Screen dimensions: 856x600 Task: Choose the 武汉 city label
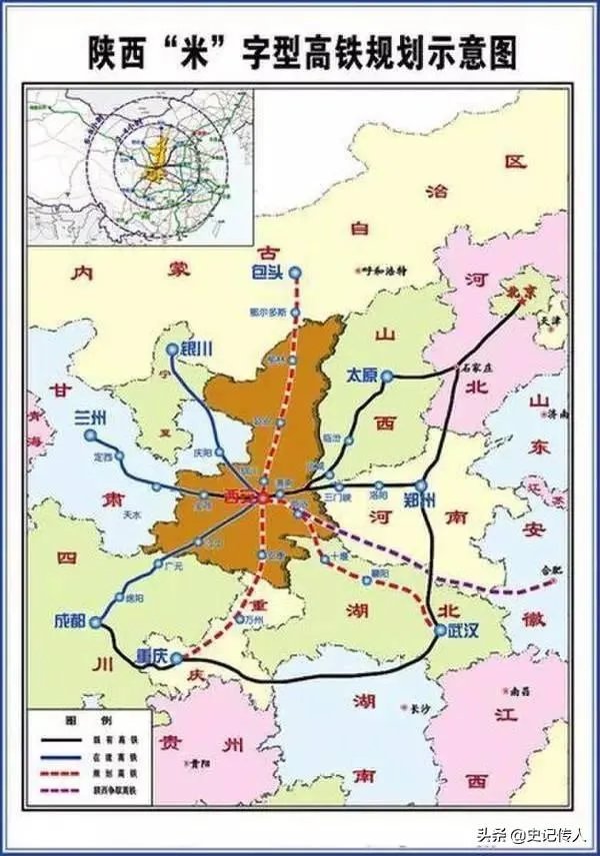point(463,630)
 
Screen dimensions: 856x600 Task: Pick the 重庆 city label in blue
point(151,656)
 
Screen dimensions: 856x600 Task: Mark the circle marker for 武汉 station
point(440,629)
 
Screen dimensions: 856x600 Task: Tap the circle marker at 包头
point(296,271)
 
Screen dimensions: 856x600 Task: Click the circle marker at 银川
point(172,351)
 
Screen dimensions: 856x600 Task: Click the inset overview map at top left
point(140,165)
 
